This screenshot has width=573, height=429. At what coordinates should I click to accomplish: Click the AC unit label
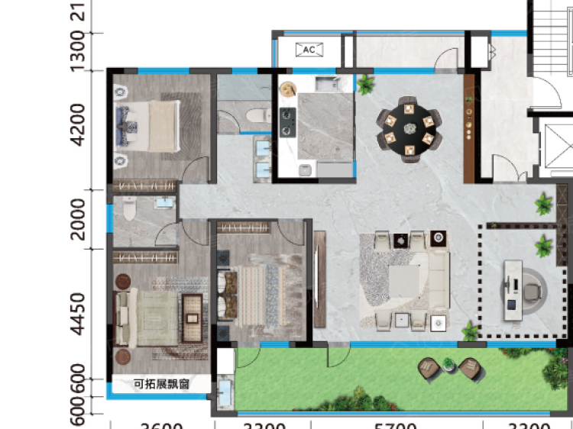309,50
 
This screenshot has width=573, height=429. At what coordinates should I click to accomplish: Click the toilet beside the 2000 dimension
128,208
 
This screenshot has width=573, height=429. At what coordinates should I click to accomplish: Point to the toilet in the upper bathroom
255,115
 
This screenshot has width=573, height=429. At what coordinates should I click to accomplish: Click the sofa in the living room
438,279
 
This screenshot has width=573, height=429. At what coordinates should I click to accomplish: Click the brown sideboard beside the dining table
468,126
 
